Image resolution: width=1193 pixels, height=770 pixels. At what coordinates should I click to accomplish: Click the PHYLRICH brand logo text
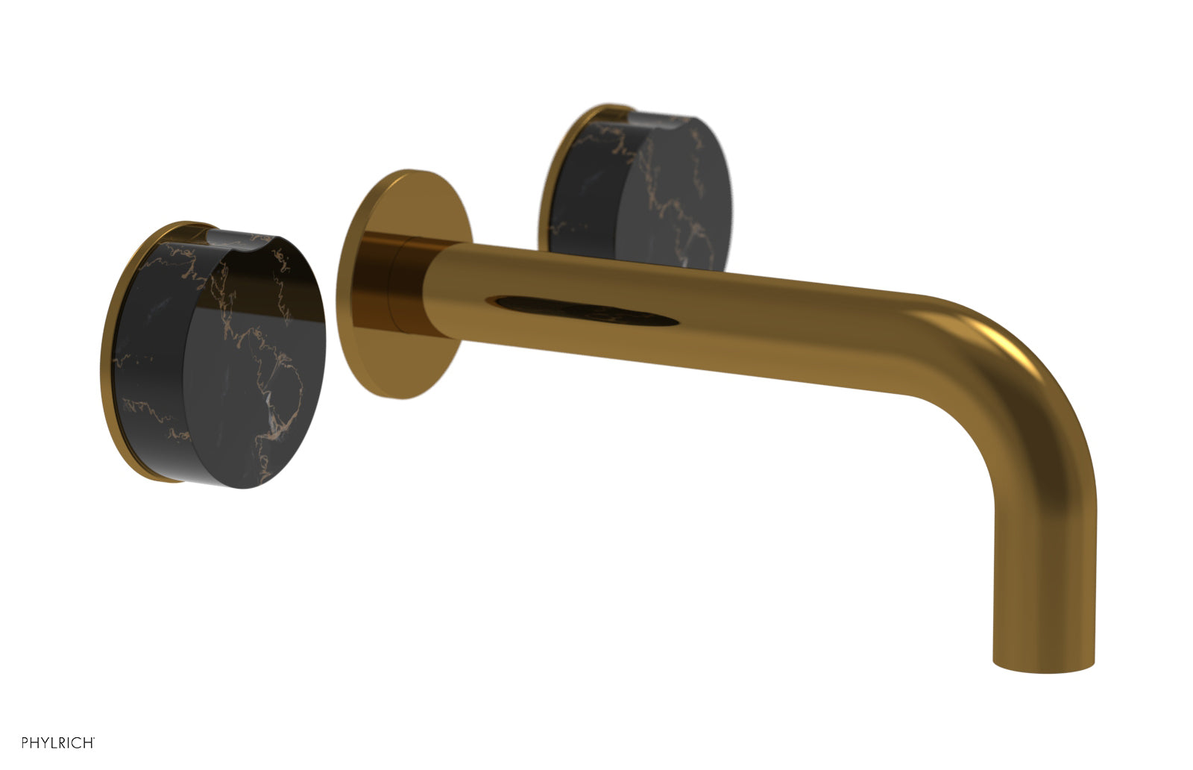(57, 742)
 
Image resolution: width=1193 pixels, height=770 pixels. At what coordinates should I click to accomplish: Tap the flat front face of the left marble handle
(246, 366)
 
